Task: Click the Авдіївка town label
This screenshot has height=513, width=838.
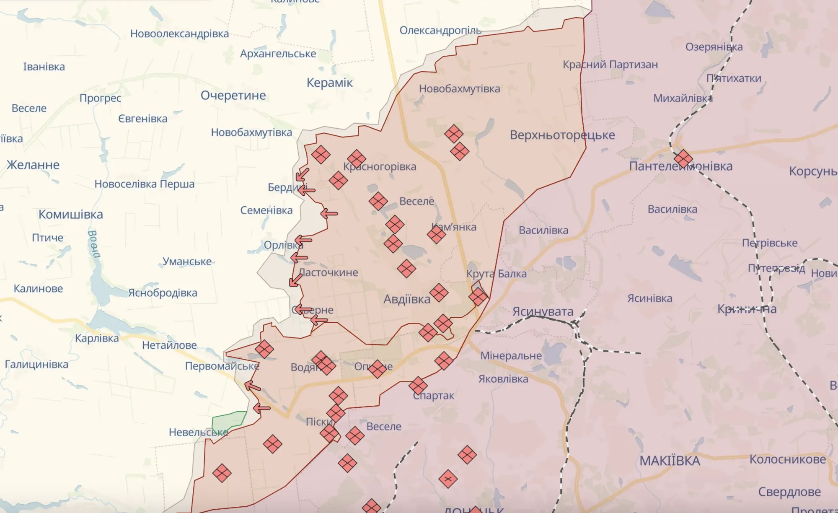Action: coord(406,299)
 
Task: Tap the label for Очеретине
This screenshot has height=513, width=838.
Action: coord(233,96)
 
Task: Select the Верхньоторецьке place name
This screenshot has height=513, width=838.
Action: coord(562,135)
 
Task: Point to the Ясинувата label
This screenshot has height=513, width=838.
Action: coord(543,311)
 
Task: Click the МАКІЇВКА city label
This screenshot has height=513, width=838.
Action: coord(670,461)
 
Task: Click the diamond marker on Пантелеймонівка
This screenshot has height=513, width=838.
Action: coord(683,159)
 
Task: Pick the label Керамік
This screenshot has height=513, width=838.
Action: coord(329,83)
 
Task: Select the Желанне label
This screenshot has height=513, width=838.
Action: coord(33,165)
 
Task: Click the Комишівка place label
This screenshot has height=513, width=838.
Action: coord(70,214)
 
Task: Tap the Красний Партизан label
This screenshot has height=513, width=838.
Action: coord(610,65)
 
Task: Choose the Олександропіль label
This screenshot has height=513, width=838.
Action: coord(440,31)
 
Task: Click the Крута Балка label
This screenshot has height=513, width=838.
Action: coord(496,274)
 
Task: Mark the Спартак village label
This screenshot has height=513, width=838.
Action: coord(434,396)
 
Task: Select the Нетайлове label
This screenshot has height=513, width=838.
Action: coord(169,345)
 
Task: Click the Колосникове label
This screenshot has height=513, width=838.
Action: coord(787,459)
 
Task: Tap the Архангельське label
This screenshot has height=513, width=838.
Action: coord(278,54)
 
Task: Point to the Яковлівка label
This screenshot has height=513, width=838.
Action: coord(503,379)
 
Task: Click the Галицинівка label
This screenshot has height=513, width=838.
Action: coord(36,364)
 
